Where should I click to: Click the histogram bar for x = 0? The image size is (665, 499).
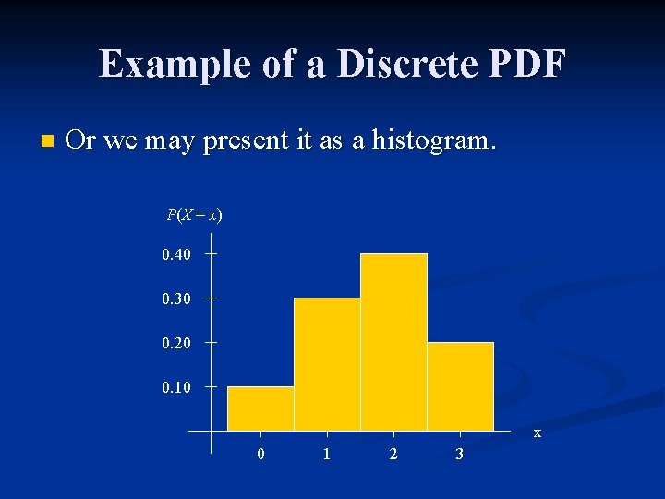[260, 408]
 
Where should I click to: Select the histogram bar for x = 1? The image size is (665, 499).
[327, 364]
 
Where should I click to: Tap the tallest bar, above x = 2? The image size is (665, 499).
[393, 342]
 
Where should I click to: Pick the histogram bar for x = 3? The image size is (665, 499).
[460, 386]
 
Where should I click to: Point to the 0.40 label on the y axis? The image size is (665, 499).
[176, 254]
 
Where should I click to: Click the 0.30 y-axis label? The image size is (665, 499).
[176, 298]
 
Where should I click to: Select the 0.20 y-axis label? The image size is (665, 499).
[176, 343]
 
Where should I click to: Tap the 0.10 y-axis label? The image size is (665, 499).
[176, 387]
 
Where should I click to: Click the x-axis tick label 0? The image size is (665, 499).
[260, 455]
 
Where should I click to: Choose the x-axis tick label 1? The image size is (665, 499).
[327, 455]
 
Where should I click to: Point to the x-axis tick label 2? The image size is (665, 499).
[393, 455]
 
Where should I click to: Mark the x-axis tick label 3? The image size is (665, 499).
[460, 455]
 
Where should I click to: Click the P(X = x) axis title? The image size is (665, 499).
[194, 215]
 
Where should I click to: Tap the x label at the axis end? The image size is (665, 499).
[538, 432]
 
